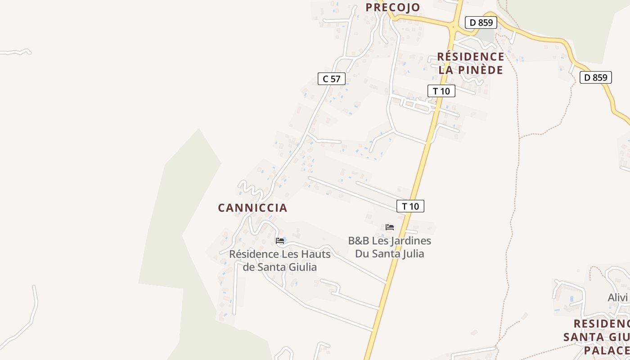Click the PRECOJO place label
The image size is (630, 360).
[392, 7]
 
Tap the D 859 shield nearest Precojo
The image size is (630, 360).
[481, 22]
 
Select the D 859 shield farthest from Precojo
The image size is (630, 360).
[596, 77]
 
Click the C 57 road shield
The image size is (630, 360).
[332, 79]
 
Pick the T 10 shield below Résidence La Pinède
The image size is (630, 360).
[441, 91]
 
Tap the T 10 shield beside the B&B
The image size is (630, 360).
[410, 206]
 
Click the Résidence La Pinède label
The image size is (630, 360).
[471, 63]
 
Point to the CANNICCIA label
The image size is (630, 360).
[252, 208]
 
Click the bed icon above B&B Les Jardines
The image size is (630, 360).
[390, 227]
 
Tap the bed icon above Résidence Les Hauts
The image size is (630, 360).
[280, 241]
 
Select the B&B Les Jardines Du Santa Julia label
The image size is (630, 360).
[390, 247]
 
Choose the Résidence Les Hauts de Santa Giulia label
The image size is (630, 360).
[280, 261]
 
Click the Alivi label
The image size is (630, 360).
[617, 297]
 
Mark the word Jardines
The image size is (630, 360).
[410, 241]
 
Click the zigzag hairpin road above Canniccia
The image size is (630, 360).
[251, 189]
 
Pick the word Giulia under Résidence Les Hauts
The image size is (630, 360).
[302, 267]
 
